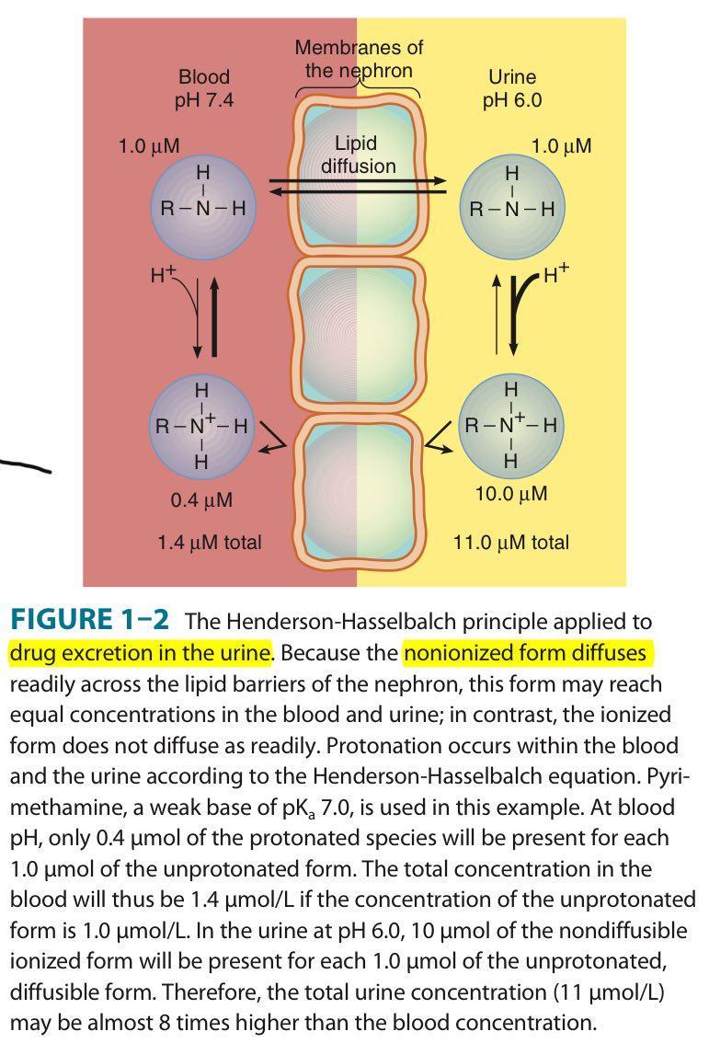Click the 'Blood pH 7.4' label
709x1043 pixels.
pos(204,88)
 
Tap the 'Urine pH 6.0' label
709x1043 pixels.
pos(511,88)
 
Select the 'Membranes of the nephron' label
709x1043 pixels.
pos(359,58)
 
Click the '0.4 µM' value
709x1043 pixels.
pos(201,501)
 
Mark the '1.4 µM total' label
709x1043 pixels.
pos(209,543)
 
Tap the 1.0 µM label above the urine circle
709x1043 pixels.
pos(561,145)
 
